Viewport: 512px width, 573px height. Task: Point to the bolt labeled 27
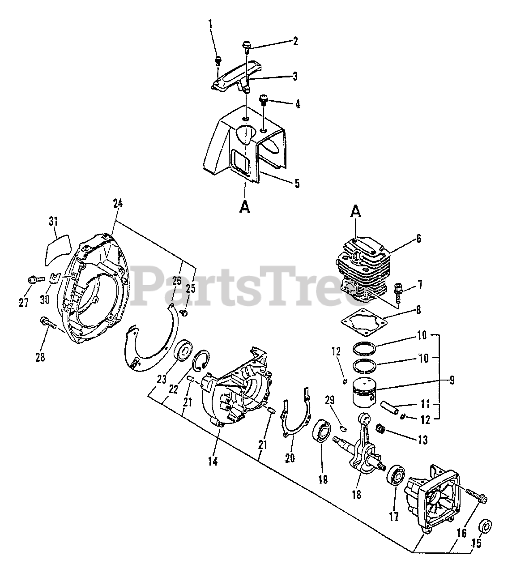pyautogui.click(x=34, y=280)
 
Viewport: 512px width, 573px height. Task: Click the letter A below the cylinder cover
pyautogui.click(x=245, y=208)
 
